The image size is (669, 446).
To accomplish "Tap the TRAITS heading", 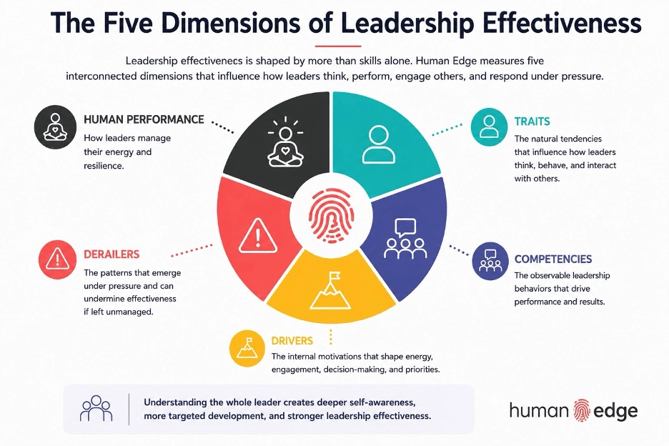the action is (532, 122).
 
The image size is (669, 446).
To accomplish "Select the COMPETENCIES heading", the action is (553, 259).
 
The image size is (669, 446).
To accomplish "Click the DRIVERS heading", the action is (292, 341).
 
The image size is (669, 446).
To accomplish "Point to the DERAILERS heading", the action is (111, 254).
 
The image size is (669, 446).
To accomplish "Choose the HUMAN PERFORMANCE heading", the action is (144, 119).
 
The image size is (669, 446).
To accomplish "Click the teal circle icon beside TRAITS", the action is (489, 127).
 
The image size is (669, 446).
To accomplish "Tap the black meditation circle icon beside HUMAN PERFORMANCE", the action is (55, 127).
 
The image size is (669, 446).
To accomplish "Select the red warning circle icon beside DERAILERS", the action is (57, 259).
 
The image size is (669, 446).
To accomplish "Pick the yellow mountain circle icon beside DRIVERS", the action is (247, 348).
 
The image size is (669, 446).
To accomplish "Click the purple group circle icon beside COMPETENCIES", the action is (490, 261).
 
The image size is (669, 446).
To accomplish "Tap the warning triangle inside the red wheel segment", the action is (258, 236).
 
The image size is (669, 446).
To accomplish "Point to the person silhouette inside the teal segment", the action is (378, 144).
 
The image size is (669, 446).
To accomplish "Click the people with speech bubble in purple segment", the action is (405, 239).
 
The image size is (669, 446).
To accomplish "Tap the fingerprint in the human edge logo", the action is (581, 410).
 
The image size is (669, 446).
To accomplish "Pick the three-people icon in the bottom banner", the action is (96, 408).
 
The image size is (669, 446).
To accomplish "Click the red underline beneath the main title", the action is (338, 46).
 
